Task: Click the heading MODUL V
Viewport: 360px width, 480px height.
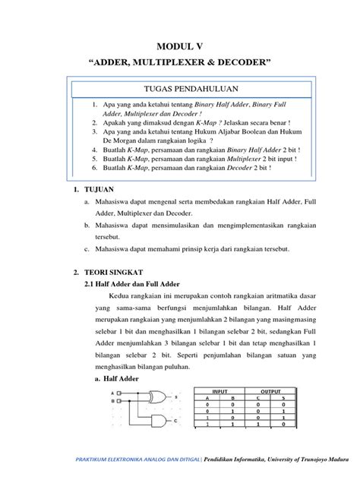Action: pos(180,47)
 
